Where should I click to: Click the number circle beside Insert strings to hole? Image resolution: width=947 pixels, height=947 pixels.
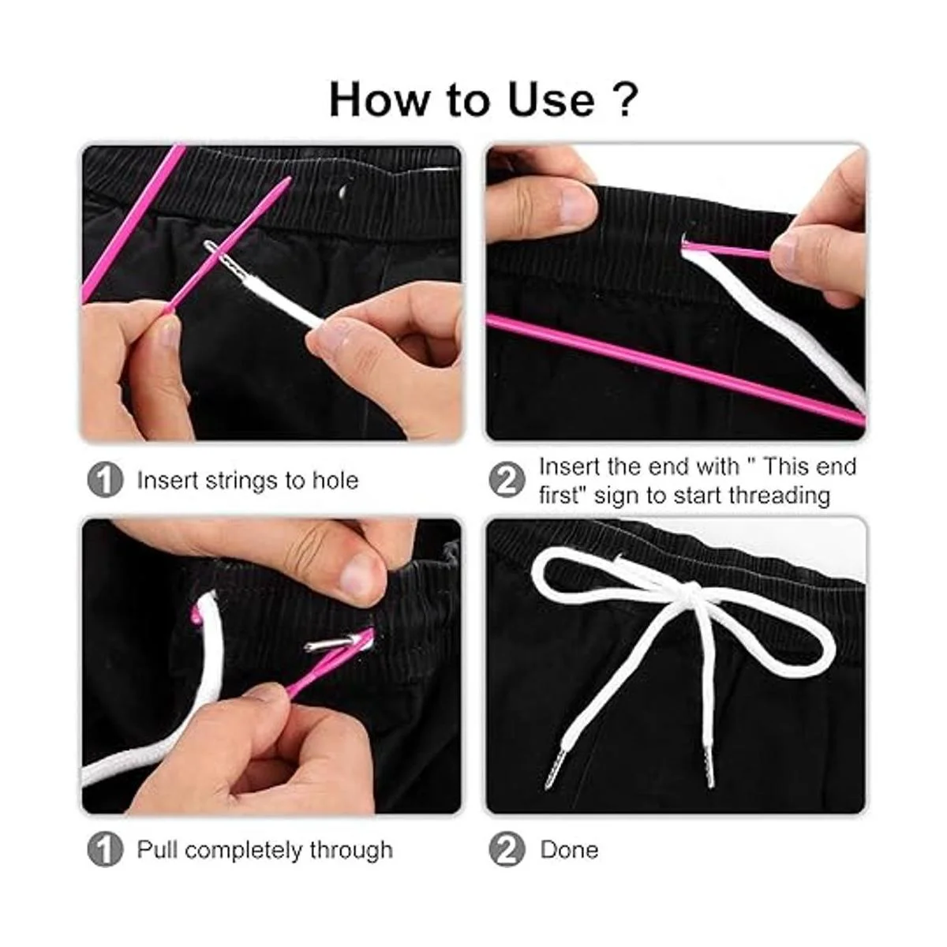click(x=105, y=480)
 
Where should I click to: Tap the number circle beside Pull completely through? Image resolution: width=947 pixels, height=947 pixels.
click(x=105, y=849)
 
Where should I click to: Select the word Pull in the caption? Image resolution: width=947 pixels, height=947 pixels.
click(x=157, y=849)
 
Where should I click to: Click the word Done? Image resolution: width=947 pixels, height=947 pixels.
click(x=569, y=849)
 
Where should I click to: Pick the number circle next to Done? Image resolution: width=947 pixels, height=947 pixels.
click(x=507, y=849)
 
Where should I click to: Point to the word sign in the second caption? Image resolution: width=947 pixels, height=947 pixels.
click(x=617, y=496)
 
